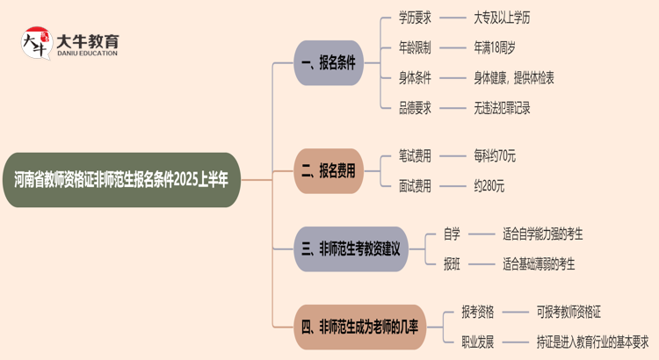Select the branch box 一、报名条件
(329, 62)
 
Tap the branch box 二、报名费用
(329, 170)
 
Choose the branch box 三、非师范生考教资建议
(351, 249)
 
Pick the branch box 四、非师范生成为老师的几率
(360, 328)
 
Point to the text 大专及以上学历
(504, 17)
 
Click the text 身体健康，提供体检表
(513, 78)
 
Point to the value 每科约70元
(494, 155)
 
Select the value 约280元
(489, 186)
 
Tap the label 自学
(452, 234)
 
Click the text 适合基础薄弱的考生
(539, 263)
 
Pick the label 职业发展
(478, 342)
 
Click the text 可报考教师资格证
(569, 311)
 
